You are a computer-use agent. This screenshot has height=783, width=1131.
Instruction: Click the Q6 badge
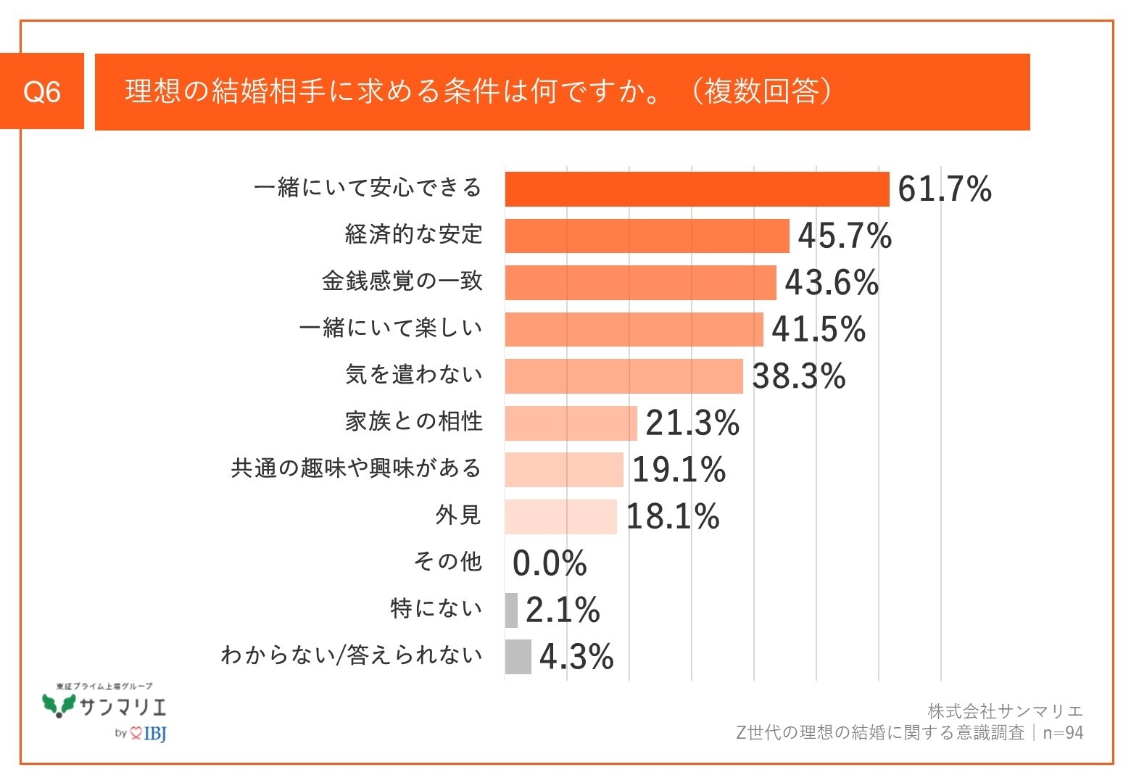pyautogui.click(x=42, y=91)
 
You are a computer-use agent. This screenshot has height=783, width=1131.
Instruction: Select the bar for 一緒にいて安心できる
pyautogui.click(x=697, y=189)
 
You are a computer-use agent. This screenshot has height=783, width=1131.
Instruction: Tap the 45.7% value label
pyautogui.click(x=845, y=236)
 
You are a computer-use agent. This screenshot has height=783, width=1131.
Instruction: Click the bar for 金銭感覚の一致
pyautogui.click(x=640, y=283)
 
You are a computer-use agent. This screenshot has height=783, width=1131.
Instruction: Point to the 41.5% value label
pyautogui.click(x=819, y=330)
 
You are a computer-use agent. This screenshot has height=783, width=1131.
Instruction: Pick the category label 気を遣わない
pyautogui.click(x=413, y=375)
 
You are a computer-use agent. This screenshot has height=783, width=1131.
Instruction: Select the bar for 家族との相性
pyautogui.click(x=571, y=423)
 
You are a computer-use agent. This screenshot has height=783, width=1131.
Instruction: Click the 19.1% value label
pyautogui.click(x=679, y=470)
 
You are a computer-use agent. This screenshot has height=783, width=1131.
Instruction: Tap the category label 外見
pyautogui.click(x=458, y=515)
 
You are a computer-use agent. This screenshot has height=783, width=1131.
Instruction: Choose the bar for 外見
pyautogui.click(x=560, y=517)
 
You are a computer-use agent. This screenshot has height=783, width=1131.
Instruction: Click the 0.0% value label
pyautogui.click(x=550, y=563)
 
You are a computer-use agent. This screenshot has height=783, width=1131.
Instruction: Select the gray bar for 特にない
pyautogui.click(x=511, y=610)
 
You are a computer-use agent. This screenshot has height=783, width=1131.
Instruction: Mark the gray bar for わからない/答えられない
pyautogui.click(x=518, y=657)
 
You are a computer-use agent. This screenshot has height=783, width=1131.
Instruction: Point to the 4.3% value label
pyautogui.click(x=576, y=657)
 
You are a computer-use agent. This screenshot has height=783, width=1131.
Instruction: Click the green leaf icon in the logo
pyautogui.click(x=59, y=704)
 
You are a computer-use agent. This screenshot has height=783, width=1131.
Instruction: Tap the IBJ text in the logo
pyautogui.click(x=155, y=734)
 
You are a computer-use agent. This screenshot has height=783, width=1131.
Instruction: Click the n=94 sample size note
pyautogui.click(x=1063, y=733)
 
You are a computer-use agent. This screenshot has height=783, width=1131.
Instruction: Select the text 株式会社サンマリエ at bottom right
pyautogui.click(x=1005, y=711)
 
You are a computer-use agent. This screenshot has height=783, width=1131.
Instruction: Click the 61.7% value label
pyautogui.click(x=944, y=190)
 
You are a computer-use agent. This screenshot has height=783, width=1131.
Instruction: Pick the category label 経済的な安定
pyautogui.click(x=413, y=235)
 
